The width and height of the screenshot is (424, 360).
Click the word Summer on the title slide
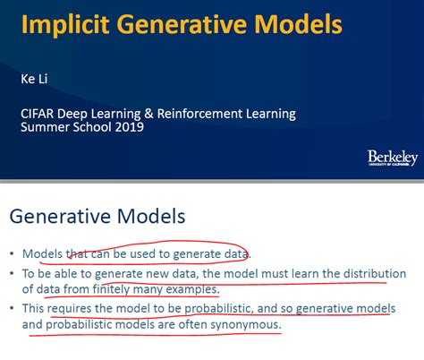coord(46,128)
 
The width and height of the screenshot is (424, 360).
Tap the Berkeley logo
coord(392,158)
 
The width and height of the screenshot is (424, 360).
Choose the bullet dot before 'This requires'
coord(13,309)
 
